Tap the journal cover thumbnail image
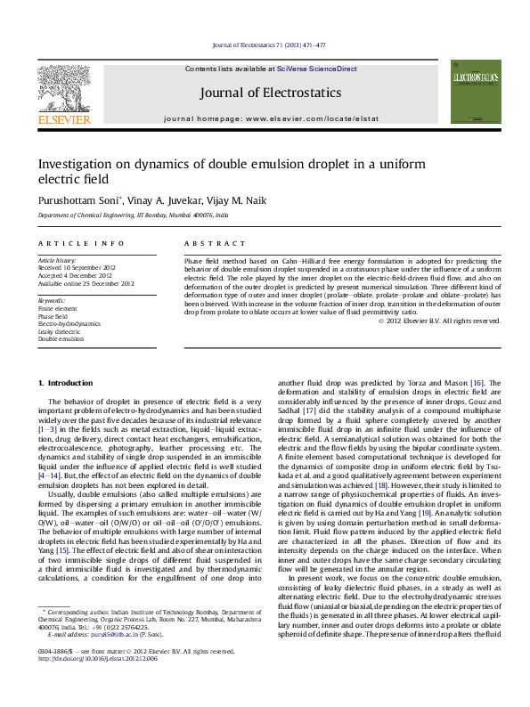click(476, 92)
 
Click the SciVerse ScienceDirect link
click(316, 69)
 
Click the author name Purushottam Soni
click(78, 200)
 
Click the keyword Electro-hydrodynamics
click(71, 324)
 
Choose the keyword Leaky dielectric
click(61, 331)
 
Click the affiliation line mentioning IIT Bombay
click(133, 215)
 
